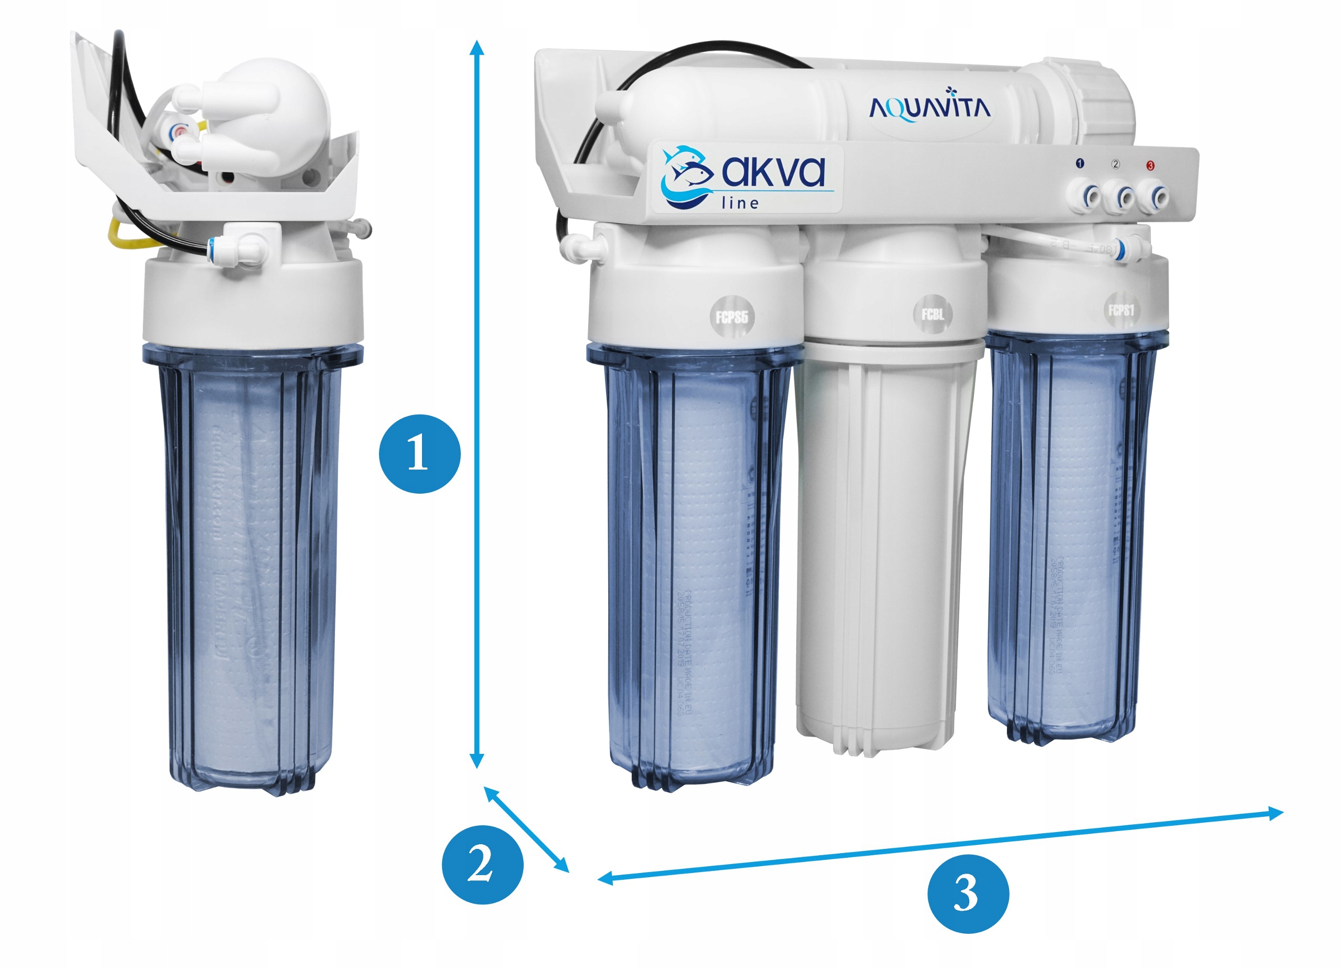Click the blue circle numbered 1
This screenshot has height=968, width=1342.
pos(419,454)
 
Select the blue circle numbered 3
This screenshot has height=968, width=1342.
pos(968,893)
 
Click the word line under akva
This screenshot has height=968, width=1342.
pos(740,203)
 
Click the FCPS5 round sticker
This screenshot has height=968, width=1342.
pos(732,317)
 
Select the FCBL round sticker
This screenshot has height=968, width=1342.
pos(933,314)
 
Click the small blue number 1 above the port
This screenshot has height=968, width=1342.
pos(1079,163)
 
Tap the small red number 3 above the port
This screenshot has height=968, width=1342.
pos(1150,165)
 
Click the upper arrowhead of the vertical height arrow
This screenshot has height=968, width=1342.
pos(477,47)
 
